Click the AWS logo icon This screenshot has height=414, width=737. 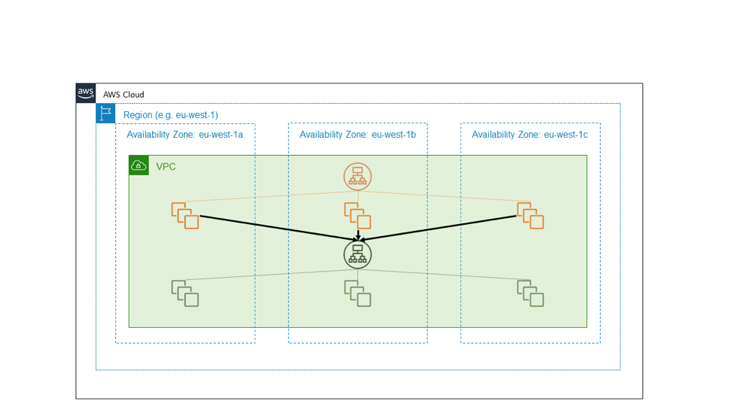86,93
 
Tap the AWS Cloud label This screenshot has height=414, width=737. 123,95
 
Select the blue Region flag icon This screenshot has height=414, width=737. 105,114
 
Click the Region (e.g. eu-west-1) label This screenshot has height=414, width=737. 170,115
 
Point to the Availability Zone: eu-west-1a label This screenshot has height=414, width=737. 185,135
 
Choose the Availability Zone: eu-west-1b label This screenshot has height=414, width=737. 358,135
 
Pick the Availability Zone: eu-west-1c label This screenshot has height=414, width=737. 530,135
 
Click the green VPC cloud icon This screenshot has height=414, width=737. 138,165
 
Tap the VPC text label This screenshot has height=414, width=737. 166,167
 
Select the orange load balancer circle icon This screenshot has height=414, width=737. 357,176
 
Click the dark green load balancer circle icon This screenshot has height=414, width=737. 357,254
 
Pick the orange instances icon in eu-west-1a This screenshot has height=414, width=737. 185,215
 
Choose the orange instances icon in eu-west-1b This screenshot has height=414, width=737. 357,215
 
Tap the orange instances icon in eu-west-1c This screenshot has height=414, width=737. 530,215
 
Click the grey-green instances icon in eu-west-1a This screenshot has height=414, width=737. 185,293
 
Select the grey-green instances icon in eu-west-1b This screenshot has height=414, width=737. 357,293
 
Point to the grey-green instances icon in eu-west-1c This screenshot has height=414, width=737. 530,293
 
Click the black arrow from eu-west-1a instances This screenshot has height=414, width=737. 272,228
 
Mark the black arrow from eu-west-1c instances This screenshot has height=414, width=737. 443,228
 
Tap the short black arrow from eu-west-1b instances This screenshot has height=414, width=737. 357,235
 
